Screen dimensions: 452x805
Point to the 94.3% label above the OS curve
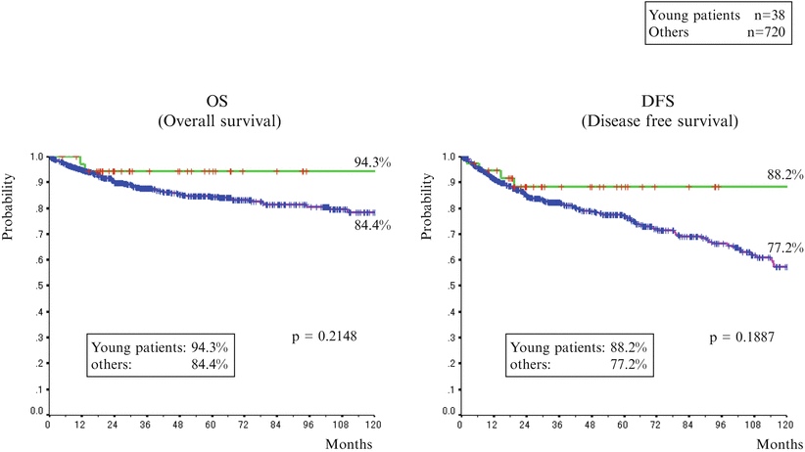tap(373, 161)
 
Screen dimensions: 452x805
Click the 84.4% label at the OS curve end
tap(373, 226)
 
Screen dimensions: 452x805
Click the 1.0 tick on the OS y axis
tap(37, 157)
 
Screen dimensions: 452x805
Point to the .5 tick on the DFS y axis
tap(450, 286)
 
